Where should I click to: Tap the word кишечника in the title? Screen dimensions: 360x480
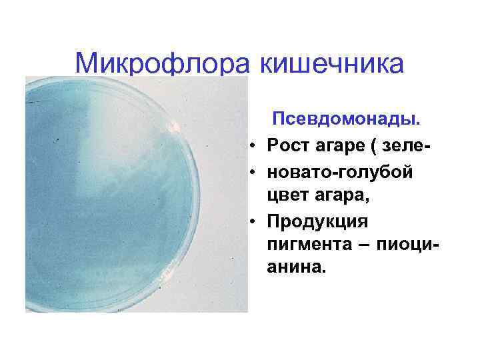330,64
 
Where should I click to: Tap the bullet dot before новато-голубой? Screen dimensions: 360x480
255,172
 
